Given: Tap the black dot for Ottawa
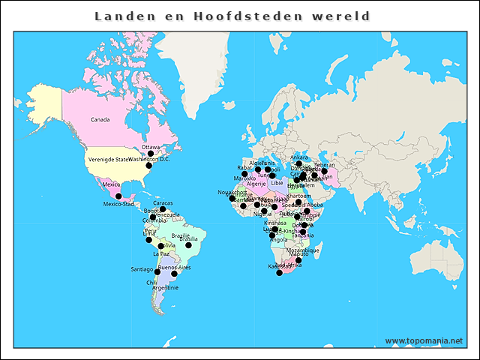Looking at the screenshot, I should tap(151, 154).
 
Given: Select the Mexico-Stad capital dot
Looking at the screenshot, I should tap(118, 196).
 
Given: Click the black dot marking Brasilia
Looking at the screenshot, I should tap(189, 245).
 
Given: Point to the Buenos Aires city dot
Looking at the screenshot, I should tap(174, 274).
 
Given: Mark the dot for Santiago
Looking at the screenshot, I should tap(157, 272).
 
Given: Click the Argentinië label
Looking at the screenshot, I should tap(165, 287).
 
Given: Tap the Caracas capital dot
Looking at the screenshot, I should tap(163, 209).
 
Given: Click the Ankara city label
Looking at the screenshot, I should tap(298, 157).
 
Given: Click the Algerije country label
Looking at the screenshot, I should tap(256, 184).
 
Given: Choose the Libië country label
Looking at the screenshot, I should tap(277, 182).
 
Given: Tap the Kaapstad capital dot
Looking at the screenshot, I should tap(280, 272).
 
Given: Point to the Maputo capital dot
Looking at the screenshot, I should tap(298, 261).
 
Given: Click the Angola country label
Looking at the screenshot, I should tap(278, 240).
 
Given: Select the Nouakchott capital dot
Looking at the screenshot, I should tap(232, 199).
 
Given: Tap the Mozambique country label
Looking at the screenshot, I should tap(302, 250).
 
